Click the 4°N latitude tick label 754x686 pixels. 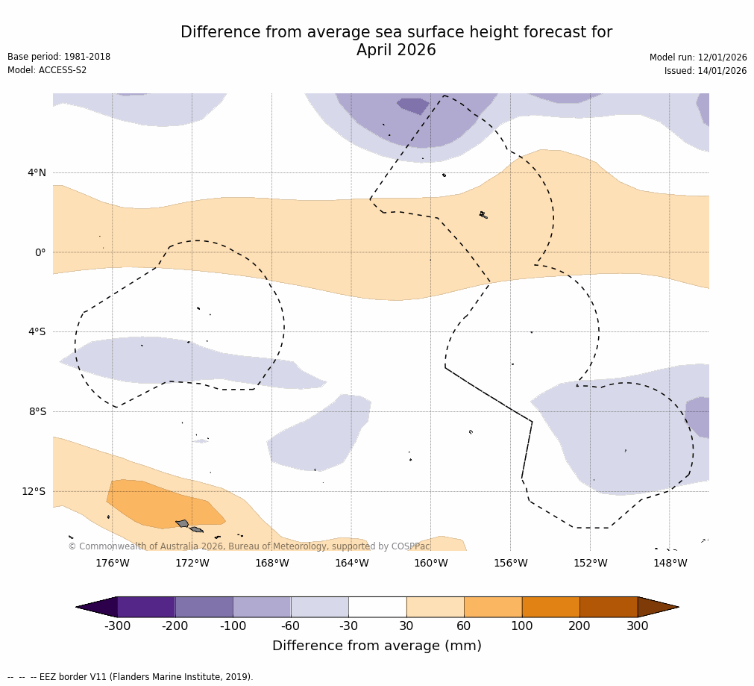pyautogui.click(x=37, y=173)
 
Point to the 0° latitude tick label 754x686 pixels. pyautogui.click(x=41, y=252)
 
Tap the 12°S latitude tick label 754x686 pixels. pyautogui.click(x=34, y=491)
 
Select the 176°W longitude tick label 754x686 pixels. pyautogui.click(x=112, y=563)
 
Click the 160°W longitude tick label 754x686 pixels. pyautogui.click(x=431, y=563)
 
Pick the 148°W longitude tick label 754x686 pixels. pyautogui.click(x=670, y=563)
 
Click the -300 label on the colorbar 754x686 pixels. pyautogui.click(x=117, y=626)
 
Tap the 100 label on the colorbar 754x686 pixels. pyautogui.click(x=522, y=626)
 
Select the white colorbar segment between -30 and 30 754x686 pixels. pyautogui.click(x=377, y=607)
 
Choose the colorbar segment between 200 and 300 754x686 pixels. pyautogui.click(x=609, y=607)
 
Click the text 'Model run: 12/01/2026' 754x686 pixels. pyautogui.click(x=698, y=57)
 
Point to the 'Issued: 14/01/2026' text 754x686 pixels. pyautogui.click(x=706, y=71)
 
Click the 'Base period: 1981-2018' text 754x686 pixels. pyautogui.click(x=59, y=57)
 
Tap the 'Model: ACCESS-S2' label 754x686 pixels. pyautogui.click(x=47, y=70)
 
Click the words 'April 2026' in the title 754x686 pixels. pyautogui.click(x=396, y=50)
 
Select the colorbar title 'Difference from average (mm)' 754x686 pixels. pyautogui.click(x=377, y=646)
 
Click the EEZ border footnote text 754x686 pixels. pyautogui.click(x=131, y=677)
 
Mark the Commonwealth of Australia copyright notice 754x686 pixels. pyautogui.click(x=249, y=546)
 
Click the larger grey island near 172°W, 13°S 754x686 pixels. pyautogui.click(x=183, y=523)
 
